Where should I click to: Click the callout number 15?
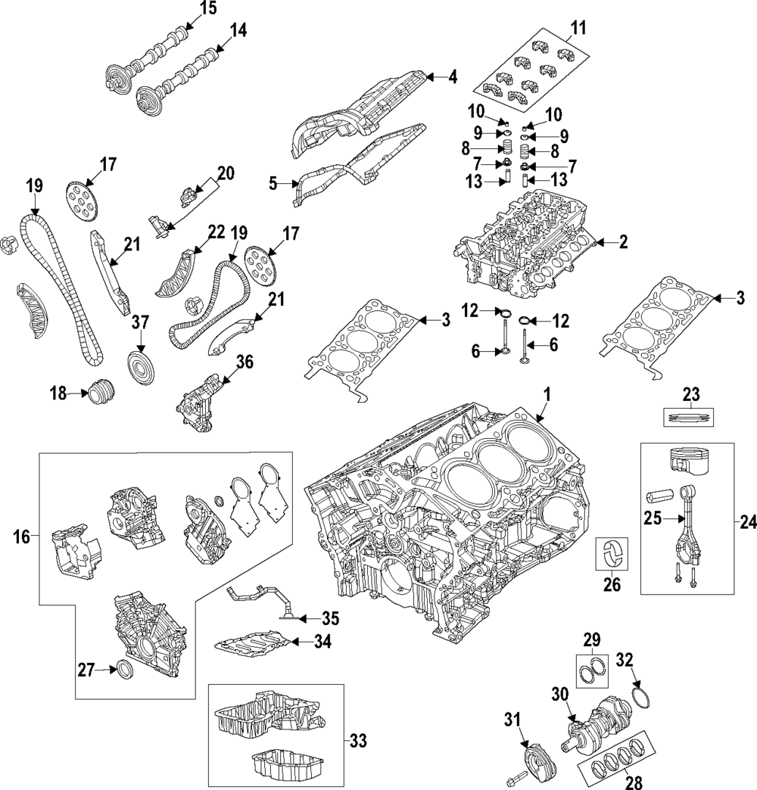[x=207, y=8]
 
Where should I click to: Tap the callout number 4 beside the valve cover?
[x=453, y=77]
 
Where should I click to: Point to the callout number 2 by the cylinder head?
[x=624, y=243]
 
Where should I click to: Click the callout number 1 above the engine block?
[x=547, y=395]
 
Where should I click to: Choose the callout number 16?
[x=21, y=537]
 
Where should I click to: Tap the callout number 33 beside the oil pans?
[x=358, y=741]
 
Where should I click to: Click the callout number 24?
[x=748, y=524]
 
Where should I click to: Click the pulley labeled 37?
[x=141, y=369]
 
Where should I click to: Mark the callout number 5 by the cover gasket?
[x=273, y=184]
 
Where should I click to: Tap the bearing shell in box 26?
[x=612, y=553]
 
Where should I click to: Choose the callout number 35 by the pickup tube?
[x=329, y=618]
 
